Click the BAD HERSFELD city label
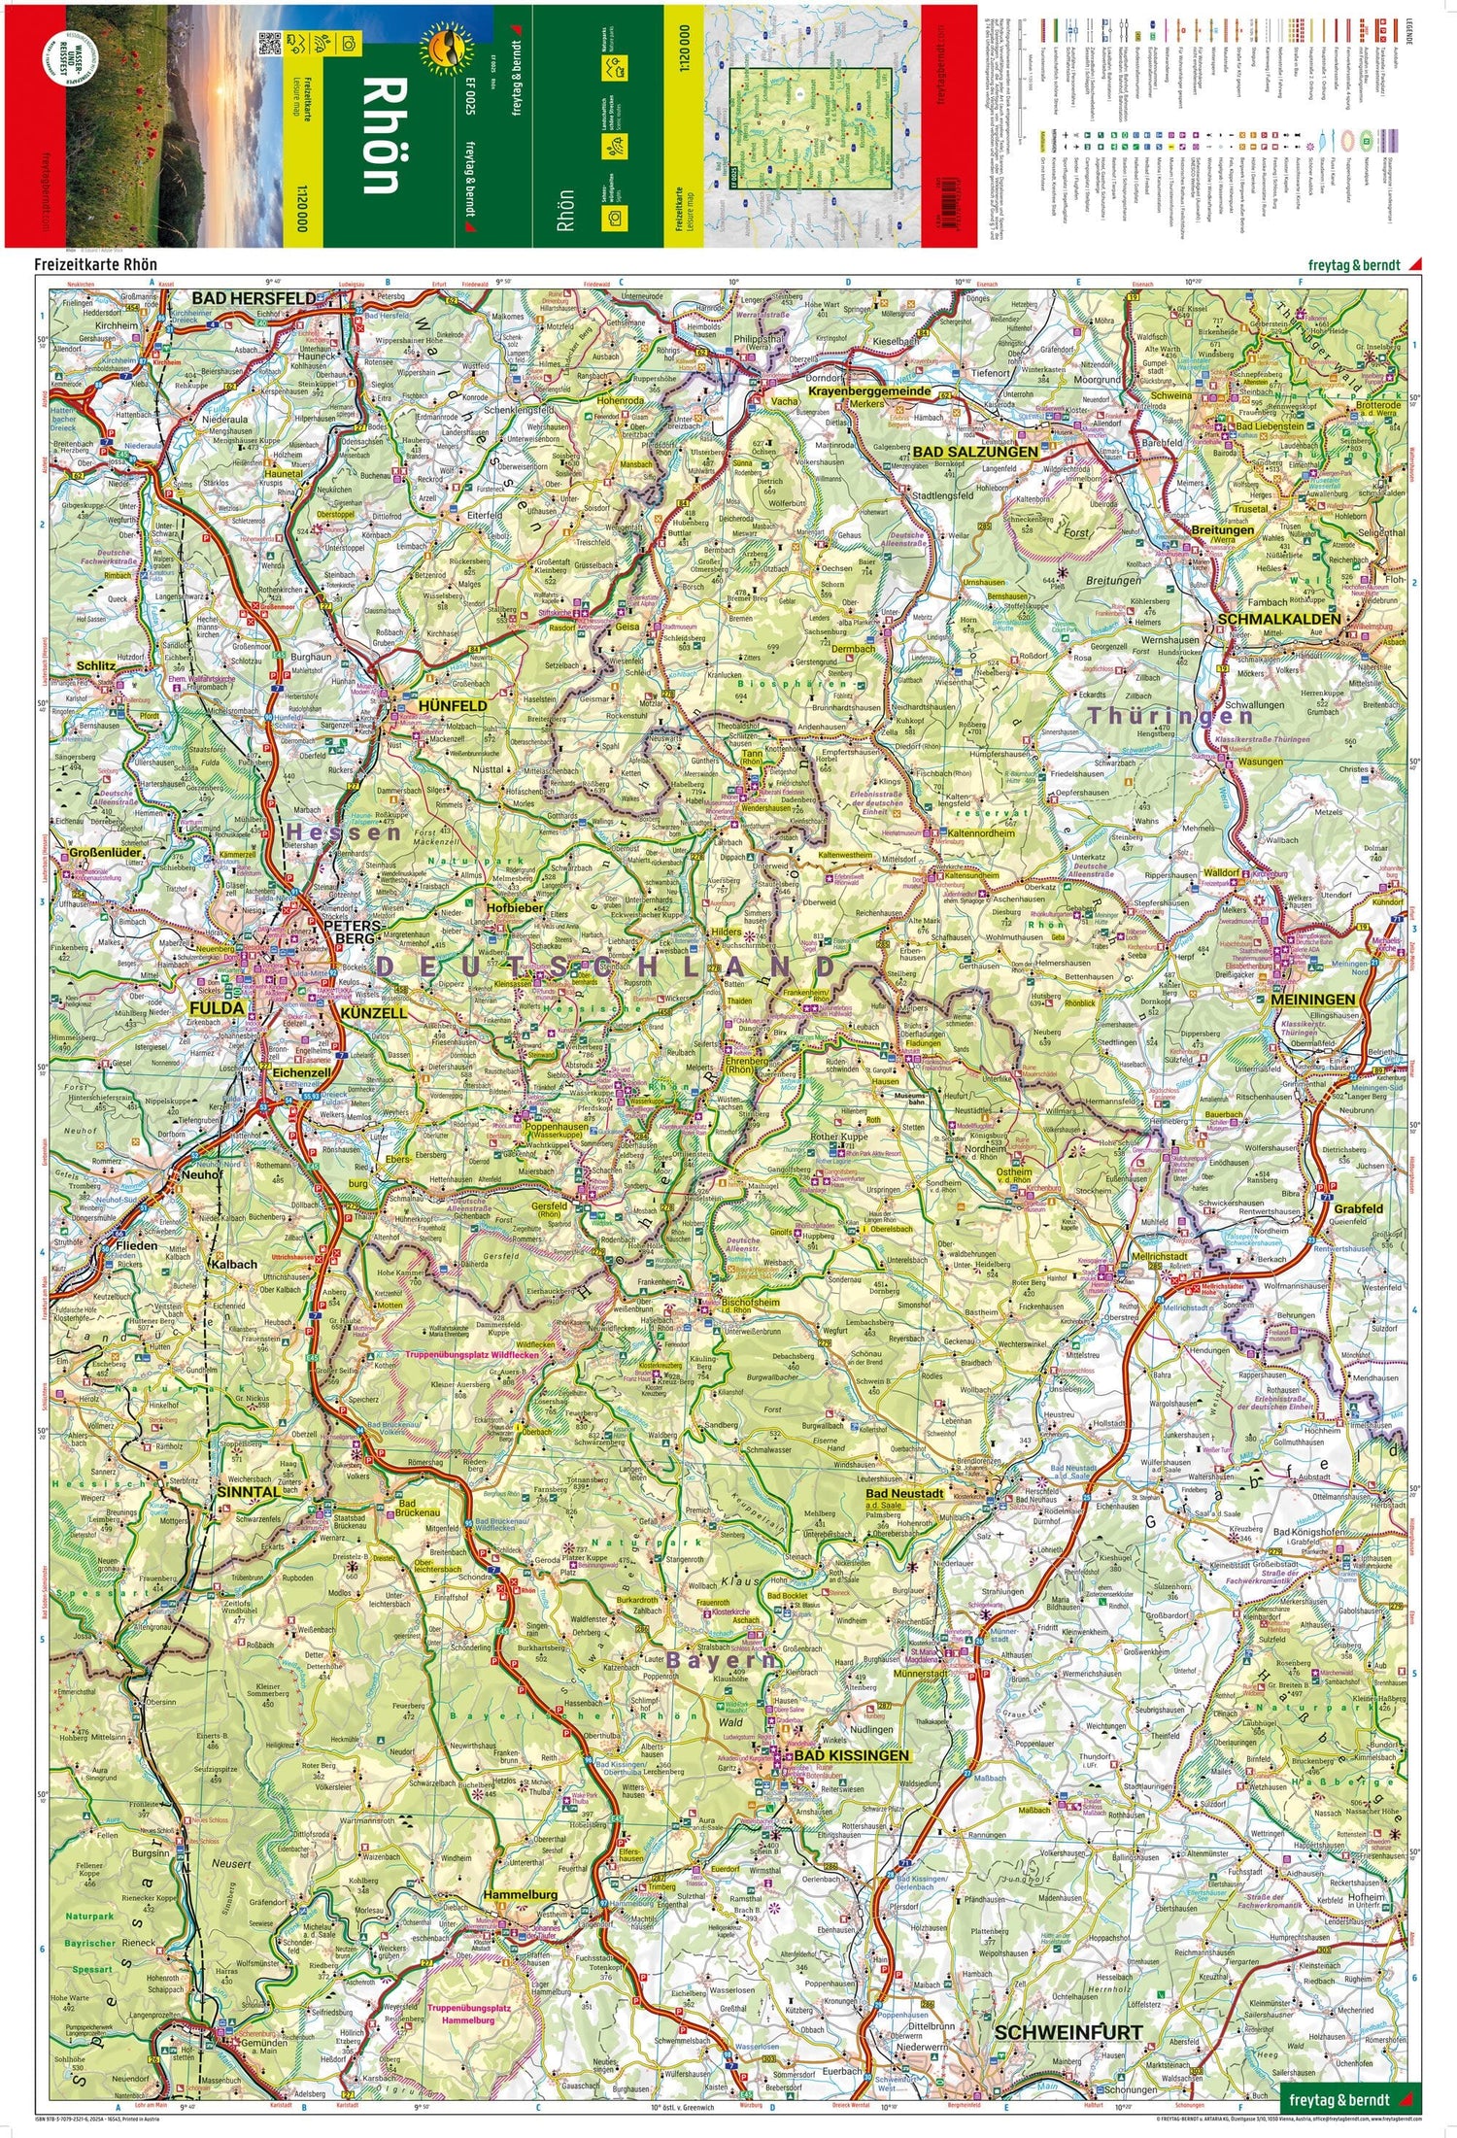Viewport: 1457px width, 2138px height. click(253, 297)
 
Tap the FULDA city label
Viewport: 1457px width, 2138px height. click(217, 1008)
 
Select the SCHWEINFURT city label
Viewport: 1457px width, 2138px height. click(1067, 2004)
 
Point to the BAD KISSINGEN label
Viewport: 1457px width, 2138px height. click(851, 1755)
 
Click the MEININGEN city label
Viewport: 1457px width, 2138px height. click(1311, 1000)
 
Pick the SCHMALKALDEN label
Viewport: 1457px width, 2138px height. click(1278, 619)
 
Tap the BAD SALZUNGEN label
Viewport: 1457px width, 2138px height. click(975, 452)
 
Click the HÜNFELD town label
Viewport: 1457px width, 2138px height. click(453, 705)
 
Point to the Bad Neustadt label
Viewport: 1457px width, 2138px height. click(904, 1493)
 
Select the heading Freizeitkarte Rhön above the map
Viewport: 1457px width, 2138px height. click(95, 264)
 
